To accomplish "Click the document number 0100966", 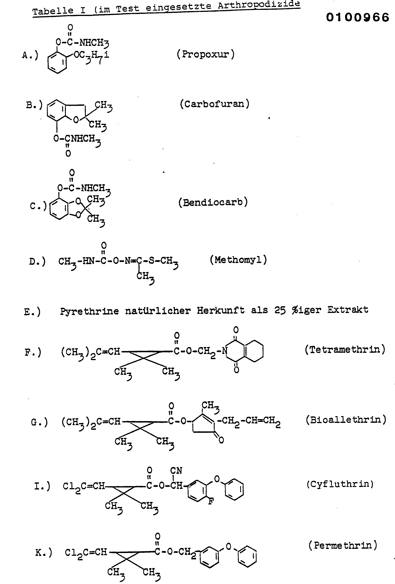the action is [x=357, y=18].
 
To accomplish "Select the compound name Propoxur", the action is [x=205, y=54].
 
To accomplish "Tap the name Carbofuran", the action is [x=215, y=104].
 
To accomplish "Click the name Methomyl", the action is [x=238, y=260].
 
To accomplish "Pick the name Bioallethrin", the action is [x=346, y=420].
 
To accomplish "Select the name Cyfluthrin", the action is [x=340, y=484].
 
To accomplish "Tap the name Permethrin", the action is [x=343, y=545].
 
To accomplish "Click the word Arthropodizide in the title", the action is [x=259, y=5].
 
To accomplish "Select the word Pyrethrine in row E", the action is [x=89, y=311].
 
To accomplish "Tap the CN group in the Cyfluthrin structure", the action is [x=176, y=470].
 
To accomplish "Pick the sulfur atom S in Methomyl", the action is [x=151, y=261].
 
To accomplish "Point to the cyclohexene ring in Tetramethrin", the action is [x=254, y=351].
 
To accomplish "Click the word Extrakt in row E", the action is [x=347, y=310].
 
